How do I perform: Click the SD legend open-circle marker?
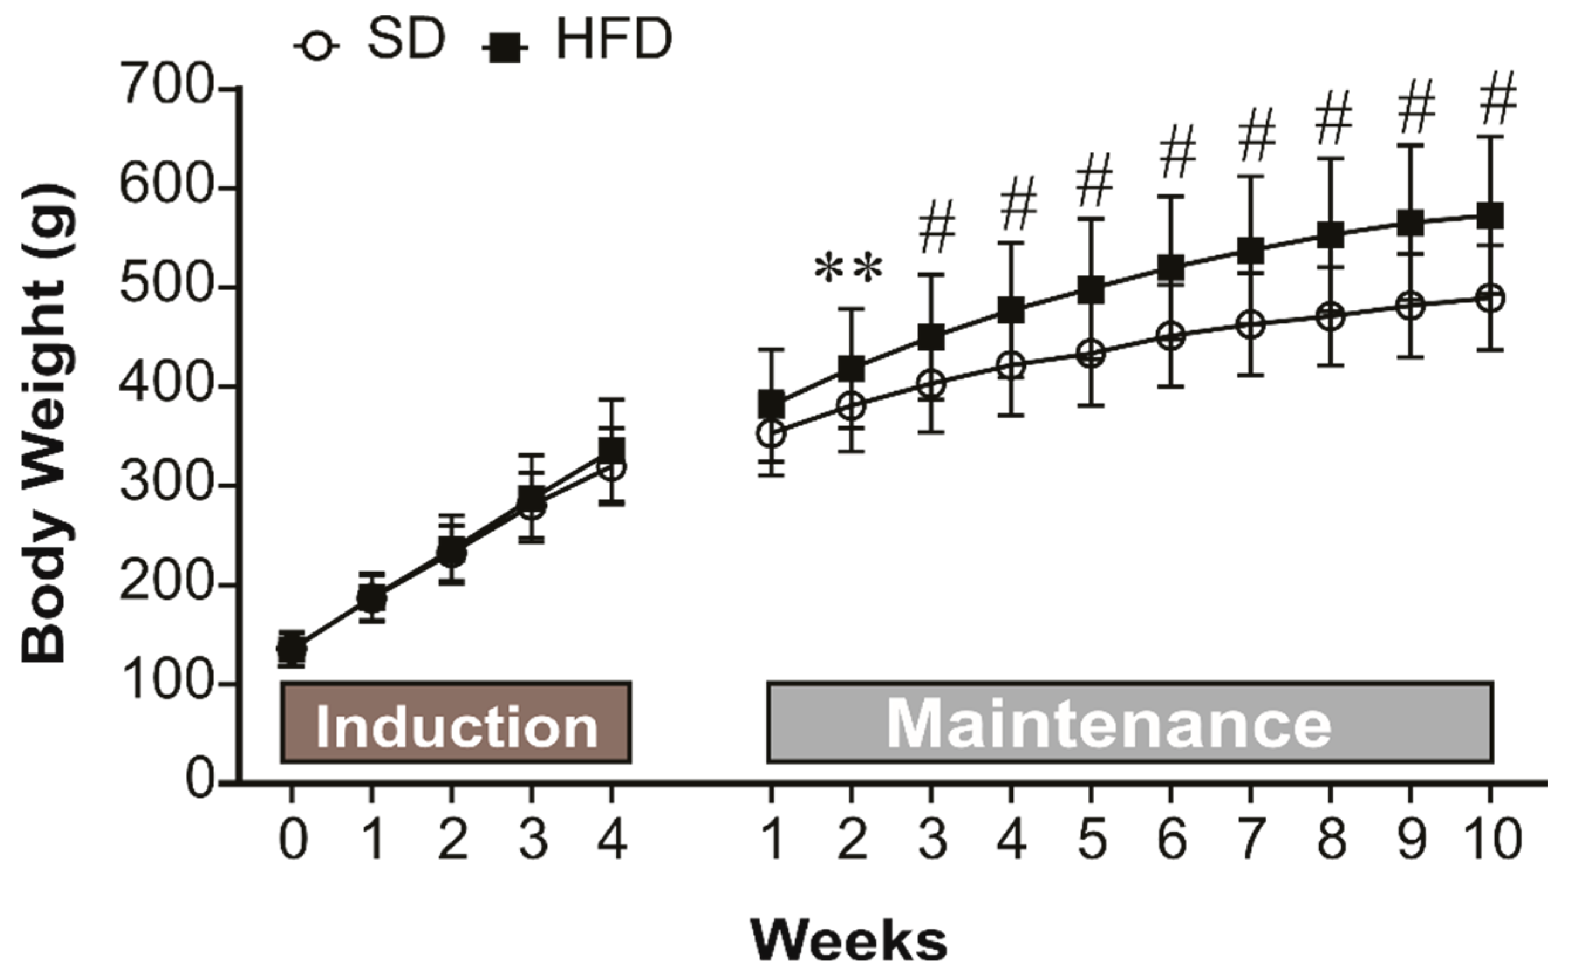point(317,46)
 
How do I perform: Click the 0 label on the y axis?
point(200,782)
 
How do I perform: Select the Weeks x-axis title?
point(849,941)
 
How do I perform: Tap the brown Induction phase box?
point(456,722)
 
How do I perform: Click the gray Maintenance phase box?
point(1129,722)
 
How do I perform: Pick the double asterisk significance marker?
point(848,269)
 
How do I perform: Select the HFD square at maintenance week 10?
point(1490,216)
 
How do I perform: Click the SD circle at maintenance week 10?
point(1490,299)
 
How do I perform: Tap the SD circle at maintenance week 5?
point(1091,353)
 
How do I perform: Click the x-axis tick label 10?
point(1491,839)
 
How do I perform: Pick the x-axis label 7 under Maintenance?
point(1251,839)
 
